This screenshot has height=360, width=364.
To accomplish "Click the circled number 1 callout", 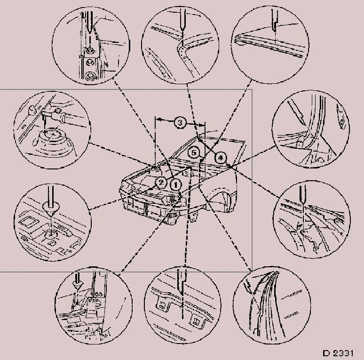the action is tap(175, 185).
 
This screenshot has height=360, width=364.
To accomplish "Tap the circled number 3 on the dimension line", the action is tap(180, 122).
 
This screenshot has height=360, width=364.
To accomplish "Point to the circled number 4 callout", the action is tap(220, 158).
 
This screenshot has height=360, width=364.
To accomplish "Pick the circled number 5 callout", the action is tap(194, 152).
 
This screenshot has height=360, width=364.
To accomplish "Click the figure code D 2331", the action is tap(338, 353).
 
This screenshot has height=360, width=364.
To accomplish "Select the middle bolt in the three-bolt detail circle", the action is tap(90, 62).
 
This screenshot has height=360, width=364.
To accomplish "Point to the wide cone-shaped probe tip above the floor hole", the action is tap(50, 208).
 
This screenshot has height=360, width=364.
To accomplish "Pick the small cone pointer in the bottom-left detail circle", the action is tap(77, 284).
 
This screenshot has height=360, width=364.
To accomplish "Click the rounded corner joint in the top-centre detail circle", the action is tap(182, 50).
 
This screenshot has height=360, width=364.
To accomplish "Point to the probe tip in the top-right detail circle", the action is tap(274, 27).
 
